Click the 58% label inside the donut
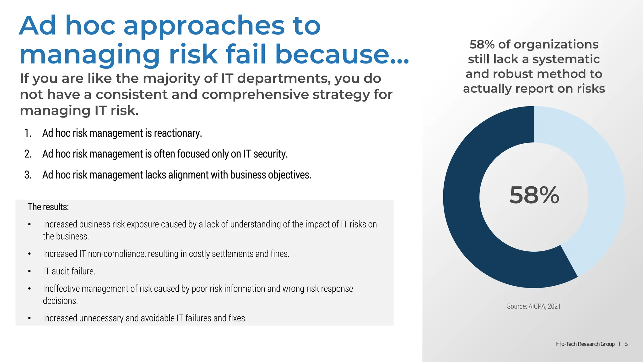pyautogui.click(x=534, y=195)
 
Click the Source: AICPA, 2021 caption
pyautogui.click(x=534, y=306)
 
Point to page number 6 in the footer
pyautogui.click(x=626, y=344)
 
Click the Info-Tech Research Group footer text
pyautogui.click(x=585, y=344)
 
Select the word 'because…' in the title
pyautogui.click(x=342, y=54)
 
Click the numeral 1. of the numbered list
pyautogui.click(x=28, y=133)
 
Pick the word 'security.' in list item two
pyautogui.click(x=270, y=154)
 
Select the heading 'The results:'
pyautogui.click(x=48, y=207)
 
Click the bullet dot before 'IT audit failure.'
pyautogui.click(x=30, y=271)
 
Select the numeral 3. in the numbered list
pyautogui.click(x=28, y=175)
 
